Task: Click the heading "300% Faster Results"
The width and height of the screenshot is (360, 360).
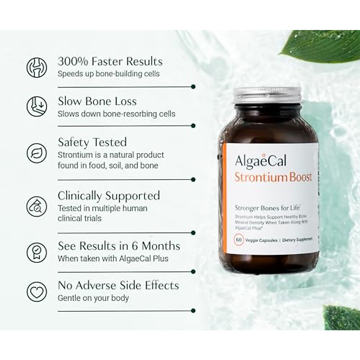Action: (110, 61)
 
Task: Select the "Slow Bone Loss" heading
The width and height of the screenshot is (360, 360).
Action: (97, 101)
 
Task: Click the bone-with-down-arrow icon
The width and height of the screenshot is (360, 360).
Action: (37, 106)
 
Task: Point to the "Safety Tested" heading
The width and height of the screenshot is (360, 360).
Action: (92, 142)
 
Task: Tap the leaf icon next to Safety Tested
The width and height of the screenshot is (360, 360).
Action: (37, 153)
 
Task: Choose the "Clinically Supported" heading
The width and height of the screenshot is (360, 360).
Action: (109, 196)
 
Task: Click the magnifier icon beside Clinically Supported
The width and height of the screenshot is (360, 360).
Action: (37, 206)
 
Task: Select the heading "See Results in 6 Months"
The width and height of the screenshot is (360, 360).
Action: (119, 246)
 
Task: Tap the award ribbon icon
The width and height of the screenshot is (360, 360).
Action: (37, 252)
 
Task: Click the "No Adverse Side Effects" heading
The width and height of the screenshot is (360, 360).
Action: (118, 285)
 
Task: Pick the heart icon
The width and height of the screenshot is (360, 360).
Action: (37, 291)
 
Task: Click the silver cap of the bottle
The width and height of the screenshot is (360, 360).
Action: (268, 96)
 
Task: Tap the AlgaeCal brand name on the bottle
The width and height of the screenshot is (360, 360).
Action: (261, 161)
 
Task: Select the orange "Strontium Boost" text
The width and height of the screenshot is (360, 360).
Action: (273, 177)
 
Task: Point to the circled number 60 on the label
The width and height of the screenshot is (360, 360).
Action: (239, 240)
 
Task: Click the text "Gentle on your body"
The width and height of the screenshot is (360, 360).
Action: (93, 298)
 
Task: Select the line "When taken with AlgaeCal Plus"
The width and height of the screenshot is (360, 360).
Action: (113, 259)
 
